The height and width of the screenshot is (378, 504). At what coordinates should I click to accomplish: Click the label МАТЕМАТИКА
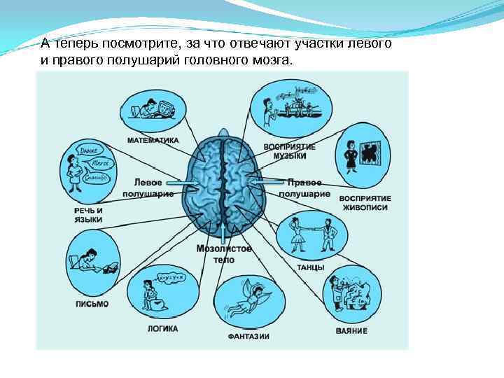(153, 140)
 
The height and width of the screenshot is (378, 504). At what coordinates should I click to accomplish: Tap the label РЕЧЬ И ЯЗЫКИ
(88, 215)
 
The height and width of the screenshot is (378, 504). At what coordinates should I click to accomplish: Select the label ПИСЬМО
(92, 303)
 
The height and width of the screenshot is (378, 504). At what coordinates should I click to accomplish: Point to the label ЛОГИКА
(162, 328)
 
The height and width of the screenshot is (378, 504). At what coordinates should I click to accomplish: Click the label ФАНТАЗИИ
(248, 337)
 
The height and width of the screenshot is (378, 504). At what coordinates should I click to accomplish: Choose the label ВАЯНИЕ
(350, 330)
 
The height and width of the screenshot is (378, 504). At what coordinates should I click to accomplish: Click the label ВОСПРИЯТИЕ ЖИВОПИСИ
(365, 203)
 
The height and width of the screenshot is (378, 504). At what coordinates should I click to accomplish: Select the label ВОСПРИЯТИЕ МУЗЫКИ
(289, 151)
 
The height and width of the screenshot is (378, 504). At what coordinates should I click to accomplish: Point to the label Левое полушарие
(148, 187)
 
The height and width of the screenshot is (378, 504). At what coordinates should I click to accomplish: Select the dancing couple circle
(307, 235)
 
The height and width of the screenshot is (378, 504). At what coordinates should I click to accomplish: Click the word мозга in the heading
(268, 61)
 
